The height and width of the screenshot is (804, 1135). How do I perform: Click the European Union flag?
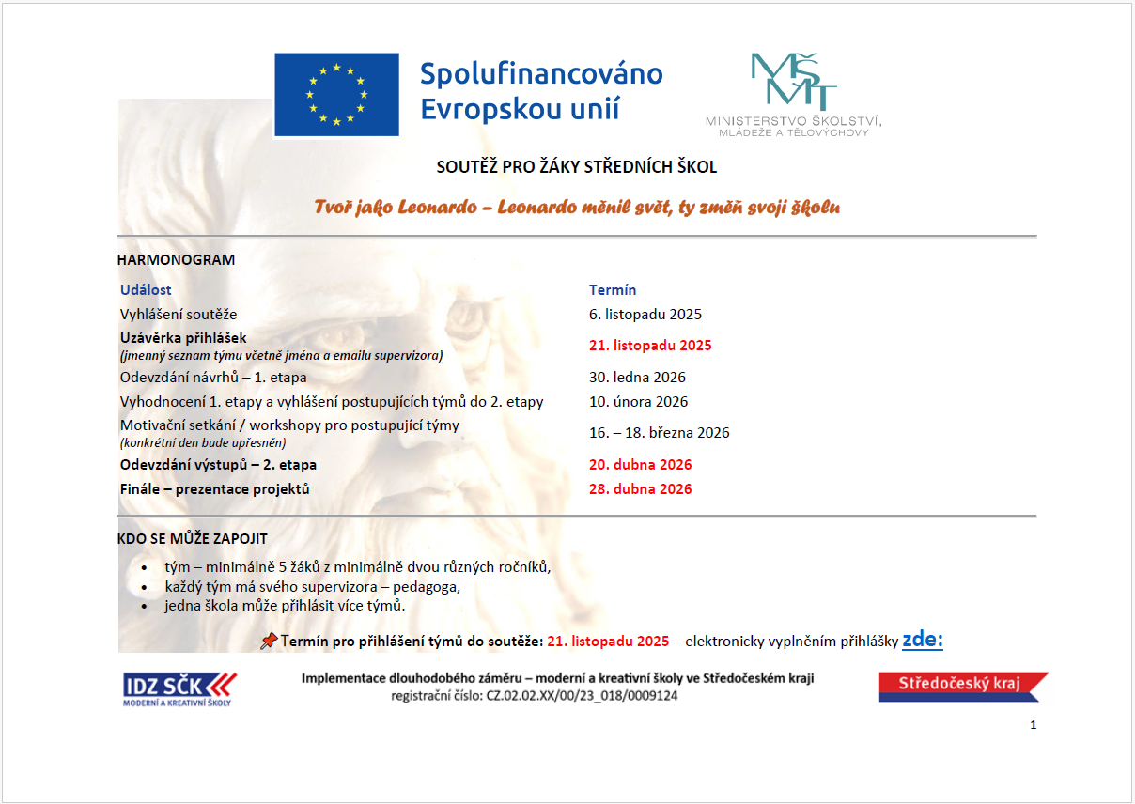[336, 95]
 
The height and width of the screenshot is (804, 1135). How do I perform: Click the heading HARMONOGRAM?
[176, 259]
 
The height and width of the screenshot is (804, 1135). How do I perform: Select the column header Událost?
[146, 290]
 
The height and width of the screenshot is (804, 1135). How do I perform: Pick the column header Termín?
[613, 290]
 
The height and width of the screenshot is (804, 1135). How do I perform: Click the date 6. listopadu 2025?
[645, 315]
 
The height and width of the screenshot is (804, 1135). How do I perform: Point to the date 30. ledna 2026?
[637, 378]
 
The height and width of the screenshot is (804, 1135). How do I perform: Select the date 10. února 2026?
[638, 402]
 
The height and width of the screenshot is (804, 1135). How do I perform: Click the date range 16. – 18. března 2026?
[659, 433]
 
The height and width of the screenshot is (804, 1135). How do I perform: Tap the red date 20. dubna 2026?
[640, 465]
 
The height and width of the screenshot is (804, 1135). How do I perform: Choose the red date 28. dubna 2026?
[640, 489]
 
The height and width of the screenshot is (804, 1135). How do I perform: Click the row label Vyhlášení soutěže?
[179, 315]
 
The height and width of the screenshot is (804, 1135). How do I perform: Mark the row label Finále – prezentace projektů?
[214, 489]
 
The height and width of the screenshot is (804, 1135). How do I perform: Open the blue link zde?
[922, 641]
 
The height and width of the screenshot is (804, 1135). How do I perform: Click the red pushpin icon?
[269, 641]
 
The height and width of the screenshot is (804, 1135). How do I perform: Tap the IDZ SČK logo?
[179, 688]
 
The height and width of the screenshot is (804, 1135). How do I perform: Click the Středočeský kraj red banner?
[962, 686]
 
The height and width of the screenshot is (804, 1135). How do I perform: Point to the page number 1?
[1034, 725]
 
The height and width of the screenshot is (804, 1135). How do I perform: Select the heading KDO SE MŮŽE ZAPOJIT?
[192, 539]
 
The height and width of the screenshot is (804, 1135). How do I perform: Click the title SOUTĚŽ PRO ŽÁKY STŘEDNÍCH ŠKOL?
[577, 167]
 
